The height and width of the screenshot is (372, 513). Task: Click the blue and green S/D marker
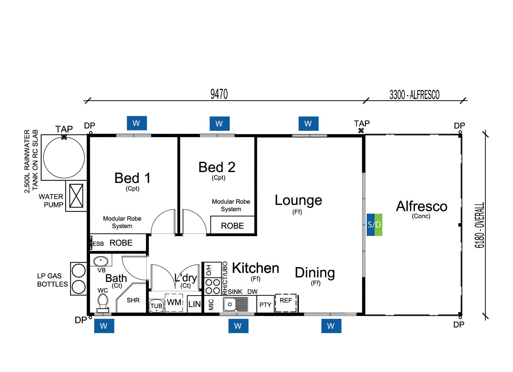pos(374,224)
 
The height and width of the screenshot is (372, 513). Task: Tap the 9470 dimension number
pos(219,94)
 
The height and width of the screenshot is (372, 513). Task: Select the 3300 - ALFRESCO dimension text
pos(414,95)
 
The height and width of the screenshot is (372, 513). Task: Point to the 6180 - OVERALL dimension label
pos(479,225)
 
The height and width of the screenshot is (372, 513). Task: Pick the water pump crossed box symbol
pos(76,196)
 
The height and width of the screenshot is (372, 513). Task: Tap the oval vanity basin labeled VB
pos(101,261)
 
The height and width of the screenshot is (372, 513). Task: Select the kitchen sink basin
pos(230,304)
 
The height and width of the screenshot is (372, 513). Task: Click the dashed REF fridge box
pos(286,303)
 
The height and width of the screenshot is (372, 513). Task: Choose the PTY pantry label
pos(265,305)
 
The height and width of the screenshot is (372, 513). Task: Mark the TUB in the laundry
pos(156,306)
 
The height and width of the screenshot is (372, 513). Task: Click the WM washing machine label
pos(174,302)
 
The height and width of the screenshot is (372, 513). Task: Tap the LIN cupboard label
pos(194,304)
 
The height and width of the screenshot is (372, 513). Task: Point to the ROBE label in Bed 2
pos(232,226)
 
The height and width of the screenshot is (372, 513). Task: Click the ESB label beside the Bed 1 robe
pos(98,244)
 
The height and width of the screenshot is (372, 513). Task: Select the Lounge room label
pos(298,201)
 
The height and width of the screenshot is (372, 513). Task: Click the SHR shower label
pos(133,300)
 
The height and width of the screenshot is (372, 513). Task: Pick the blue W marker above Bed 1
pos(137,123)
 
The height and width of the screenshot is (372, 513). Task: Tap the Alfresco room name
pos(421,206)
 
